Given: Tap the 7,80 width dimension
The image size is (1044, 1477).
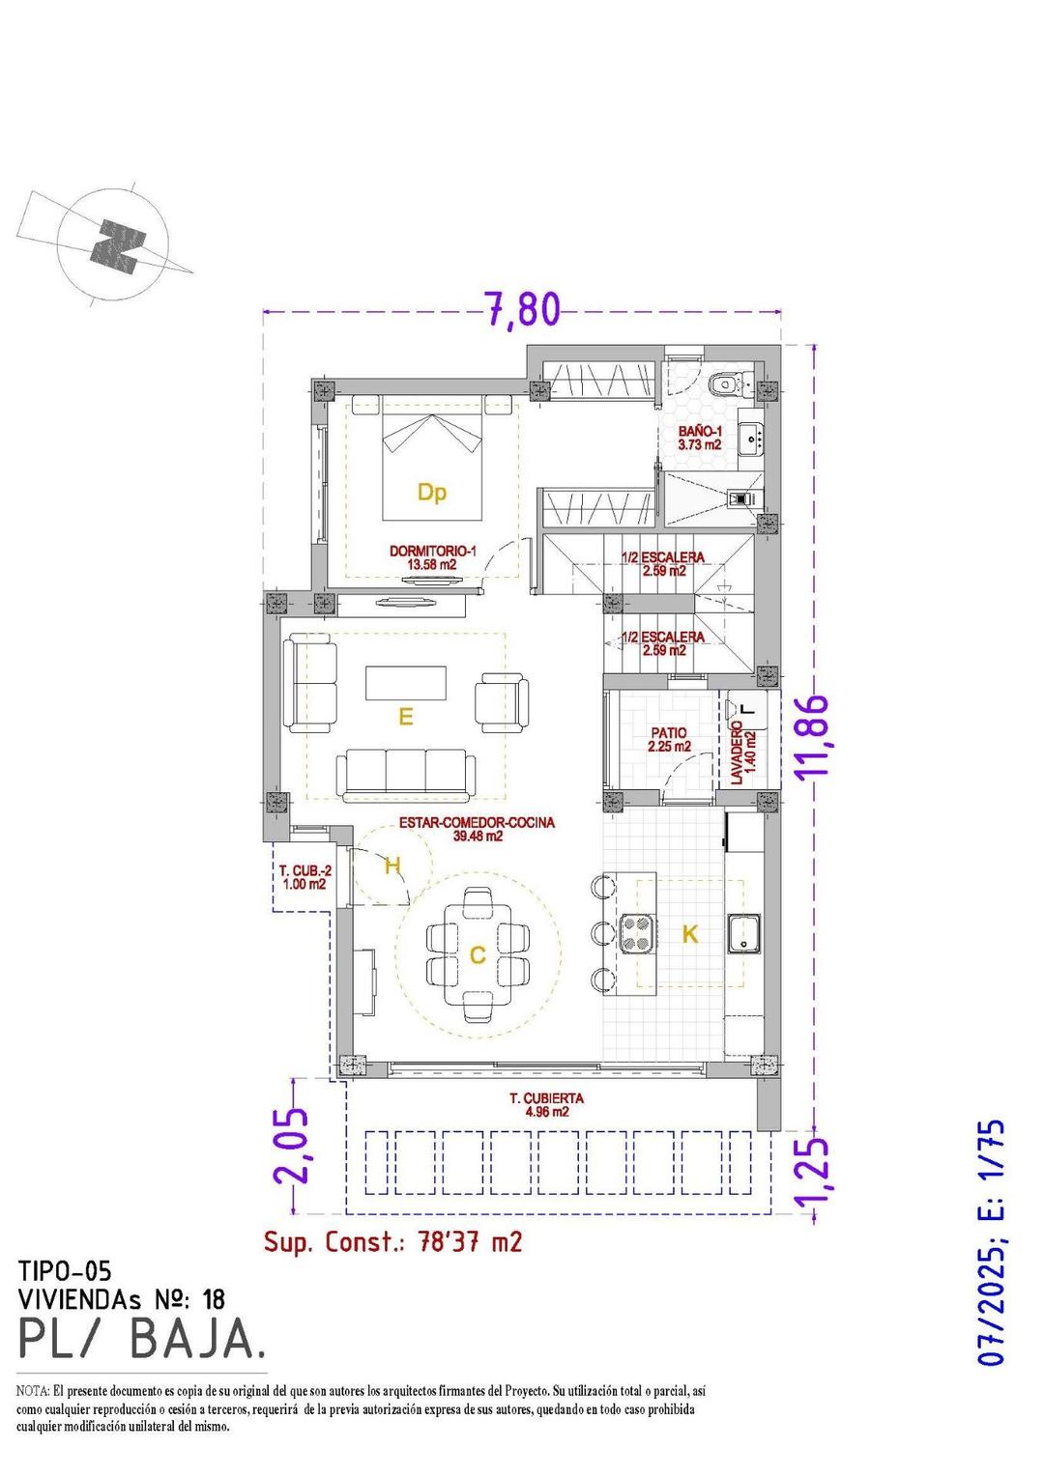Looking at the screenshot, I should point(521,309).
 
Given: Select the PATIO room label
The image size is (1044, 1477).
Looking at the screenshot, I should point(669,740).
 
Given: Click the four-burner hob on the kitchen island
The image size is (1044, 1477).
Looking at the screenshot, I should point(636,933).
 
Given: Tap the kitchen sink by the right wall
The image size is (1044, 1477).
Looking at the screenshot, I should point(745,933).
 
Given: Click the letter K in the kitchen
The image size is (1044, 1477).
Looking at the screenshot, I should point(689,934).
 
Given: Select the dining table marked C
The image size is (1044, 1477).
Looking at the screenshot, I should point(477,954).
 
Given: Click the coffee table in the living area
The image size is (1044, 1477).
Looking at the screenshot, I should point(406,682).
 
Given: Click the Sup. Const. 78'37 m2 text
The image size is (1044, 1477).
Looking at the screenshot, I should point(393,1241).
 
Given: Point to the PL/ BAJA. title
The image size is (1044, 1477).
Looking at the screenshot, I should point(141,1340).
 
